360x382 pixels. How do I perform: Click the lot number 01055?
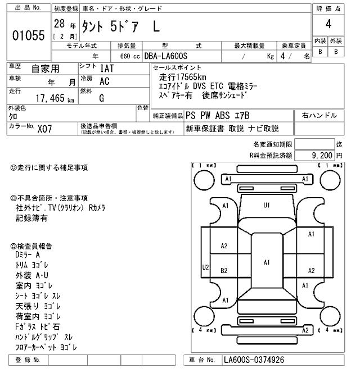point(28,36)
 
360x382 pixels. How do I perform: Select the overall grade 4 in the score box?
point(328,25)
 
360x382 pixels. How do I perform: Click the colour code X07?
point(44,128)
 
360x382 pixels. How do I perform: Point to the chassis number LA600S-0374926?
point(253,360)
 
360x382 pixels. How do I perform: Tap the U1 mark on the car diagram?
point(267,205)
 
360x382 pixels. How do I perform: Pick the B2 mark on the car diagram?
point(224,270)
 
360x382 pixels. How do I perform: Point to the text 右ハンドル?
point(319,116)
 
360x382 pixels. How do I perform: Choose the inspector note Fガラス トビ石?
point(38,326)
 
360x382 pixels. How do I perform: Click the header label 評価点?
point(328,8)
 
